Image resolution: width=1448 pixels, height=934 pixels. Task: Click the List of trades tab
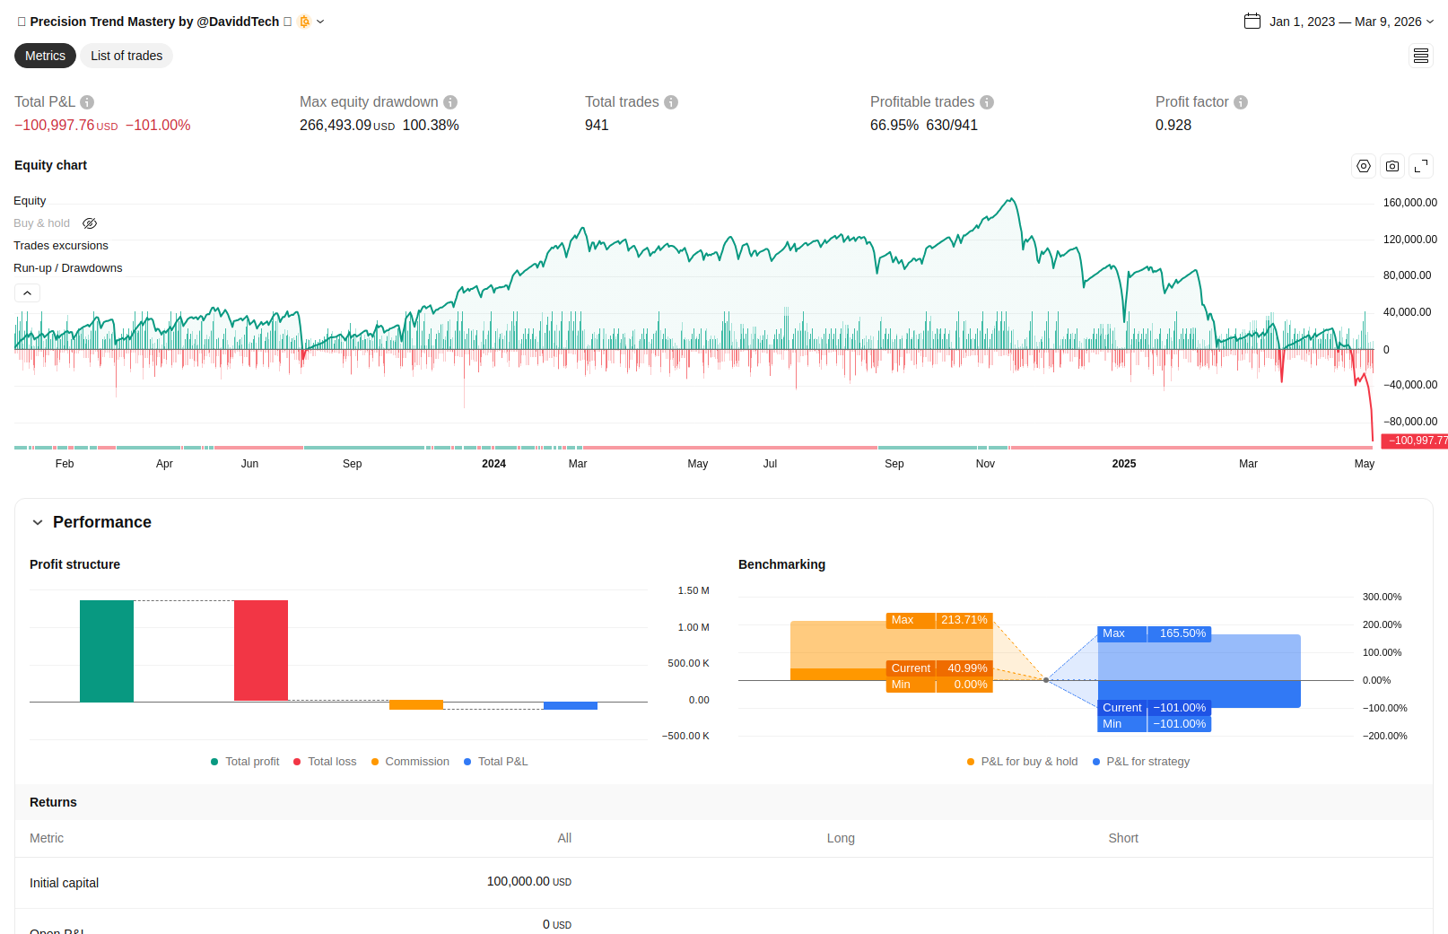(x=126, y=56)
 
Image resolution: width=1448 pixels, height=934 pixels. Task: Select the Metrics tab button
(x=45, y=56)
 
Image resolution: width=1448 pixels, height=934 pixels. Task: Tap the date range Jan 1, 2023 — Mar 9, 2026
(x=1345, y=22)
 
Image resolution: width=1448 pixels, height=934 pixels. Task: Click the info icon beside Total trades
(x=671, y=102)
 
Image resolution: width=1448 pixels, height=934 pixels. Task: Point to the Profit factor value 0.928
(x=1173, y=126)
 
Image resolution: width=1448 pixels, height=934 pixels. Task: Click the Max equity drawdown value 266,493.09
(x=336, y=126)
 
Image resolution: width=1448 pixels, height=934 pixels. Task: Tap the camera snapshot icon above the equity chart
(x=1391, y=166)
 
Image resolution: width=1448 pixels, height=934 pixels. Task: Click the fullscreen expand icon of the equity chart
(x=1420, y=166)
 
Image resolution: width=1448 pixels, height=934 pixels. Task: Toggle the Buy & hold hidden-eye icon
(x=90, y=223)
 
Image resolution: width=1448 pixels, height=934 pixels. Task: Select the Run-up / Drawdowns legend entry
(x=68, y=268)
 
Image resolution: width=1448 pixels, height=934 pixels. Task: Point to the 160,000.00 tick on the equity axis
(x=1409, y=203)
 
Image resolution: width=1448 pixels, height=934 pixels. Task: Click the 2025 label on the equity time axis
(x=1123, y=464)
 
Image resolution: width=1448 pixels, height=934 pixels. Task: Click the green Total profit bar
(x=107, y=650)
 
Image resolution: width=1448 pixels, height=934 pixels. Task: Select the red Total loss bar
(x=261, y=650)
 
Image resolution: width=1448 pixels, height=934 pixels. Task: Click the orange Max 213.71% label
(x=938, y=620)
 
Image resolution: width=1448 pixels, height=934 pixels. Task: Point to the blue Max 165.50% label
(x=1154, y=633)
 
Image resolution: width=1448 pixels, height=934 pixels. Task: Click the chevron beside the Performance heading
(x=38, y=522)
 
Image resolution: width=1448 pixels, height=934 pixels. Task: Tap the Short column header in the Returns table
(x=1122, y=838)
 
